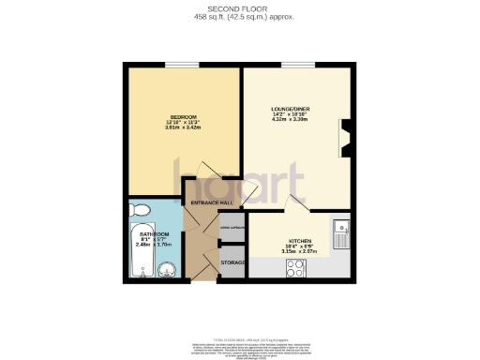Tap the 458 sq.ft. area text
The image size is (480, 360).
coord(239,18)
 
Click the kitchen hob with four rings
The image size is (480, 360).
coord(296,267)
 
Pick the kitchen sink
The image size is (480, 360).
coord(341,231)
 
